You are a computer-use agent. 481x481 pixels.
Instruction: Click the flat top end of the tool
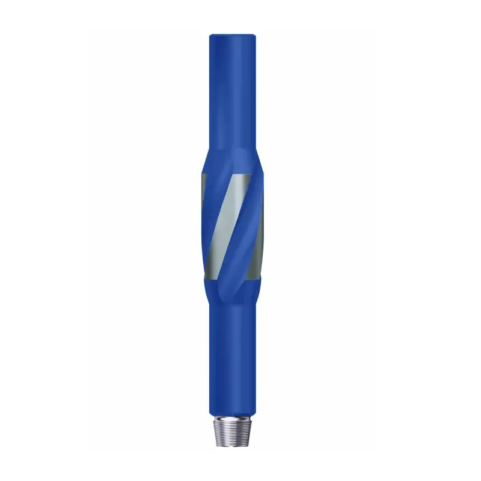point(233,36)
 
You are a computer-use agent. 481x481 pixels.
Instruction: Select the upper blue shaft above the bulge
point(233,96)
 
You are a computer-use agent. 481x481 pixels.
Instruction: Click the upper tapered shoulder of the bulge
point(234,158)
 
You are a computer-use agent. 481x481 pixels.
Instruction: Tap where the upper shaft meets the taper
point(233,147)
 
